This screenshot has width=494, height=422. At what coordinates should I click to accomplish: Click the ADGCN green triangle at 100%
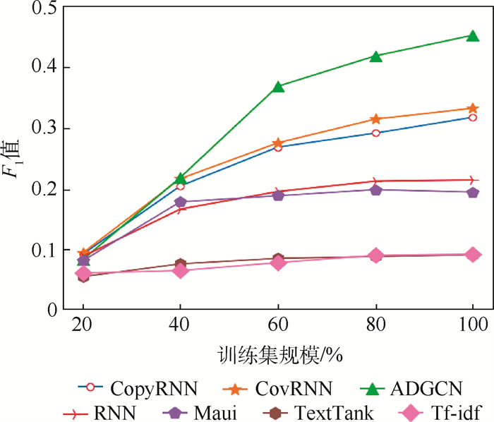472,35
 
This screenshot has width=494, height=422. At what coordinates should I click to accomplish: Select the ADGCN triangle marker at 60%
278,86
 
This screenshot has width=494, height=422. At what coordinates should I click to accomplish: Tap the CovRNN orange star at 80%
375,119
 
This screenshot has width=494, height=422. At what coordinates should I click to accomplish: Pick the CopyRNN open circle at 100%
472,117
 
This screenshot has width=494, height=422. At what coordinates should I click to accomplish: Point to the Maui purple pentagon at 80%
375,190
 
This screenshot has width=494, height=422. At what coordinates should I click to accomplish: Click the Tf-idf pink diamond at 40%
181,270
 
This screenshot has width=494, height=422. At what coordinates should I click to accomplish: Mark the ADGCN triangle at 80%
375,56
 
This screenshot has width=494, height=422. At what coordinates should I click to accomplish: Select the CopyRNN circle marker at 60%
278,147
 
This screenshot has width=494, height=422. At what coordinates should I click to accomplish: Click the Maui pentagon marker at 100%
472,192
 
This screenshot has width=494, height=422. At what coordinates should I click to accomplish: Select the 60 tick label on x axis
278,325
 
